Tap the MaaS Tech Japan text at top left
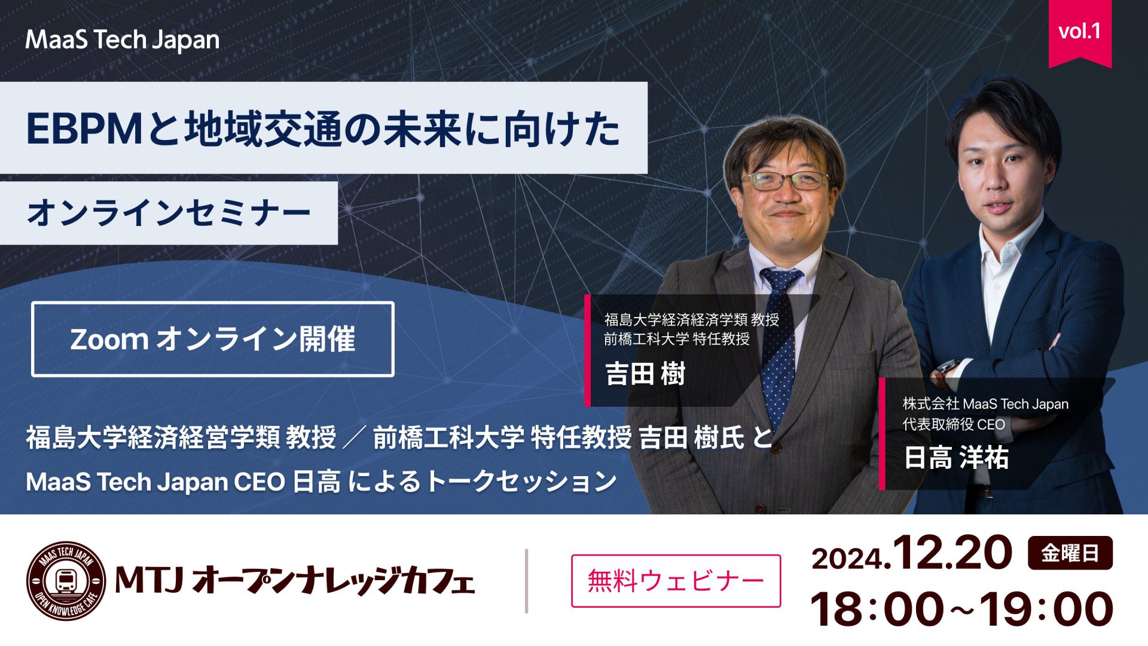[122, 40]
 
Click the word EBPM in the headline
[84, 129]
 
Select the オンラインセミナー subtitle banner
[169, 213]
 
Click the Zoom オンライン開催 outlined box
[212, 339]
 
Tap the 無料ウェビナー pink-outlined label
[676, 581]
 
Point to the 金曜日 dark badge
[1070, 553]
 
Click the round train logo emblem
[66, 581]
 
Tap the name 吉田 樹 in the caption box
[645, 374]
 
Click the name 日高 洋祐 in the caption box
[955, 458]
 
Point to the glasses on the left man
[784, 181]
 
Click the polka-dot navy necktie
[779, 347]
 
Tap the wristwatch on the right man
[944, 374]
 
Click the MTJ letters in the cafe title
[148, 581]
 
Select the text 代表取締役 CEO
[953, 425]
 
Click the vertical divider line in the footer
[526, 581]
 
